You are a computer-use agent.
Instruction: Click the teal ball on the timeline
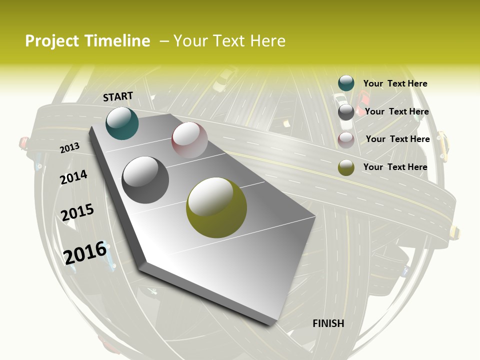point(122,123)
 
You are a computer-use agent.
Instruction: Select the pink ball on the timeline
point(189,139)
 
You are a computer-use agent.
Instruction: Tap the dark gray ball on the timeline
point(145,179)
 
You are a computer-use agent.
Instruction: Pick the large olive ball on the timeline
point(216,207)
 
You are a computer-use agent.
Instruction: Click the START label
point(118,96)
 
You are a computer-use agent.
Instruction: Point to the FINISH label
point(328,323)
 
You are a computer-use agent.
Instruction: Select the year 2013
point(70,147)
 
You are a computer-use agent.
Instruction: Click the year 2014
point(73,177)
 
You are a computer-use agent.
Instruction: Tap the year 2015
point(77,212)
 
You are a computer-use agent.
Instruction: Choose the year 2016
point(85,253)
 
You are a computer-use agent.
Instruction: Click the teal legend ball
point(346,83)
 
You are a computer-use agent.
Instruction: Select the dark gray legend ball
point(346,112)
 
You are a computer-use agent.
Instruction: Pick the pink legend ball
point(346,140)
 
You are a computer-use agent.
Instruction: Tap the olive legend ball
point(346,167)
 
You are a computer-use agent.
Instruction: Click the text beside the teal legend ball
point(395,83)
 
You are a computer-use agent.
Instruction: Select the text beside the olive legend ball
point(395,167)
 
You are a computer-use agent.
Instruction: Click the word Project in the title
point(51,41)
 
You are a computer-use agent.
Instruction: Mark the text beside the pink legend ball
point(397,139)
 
